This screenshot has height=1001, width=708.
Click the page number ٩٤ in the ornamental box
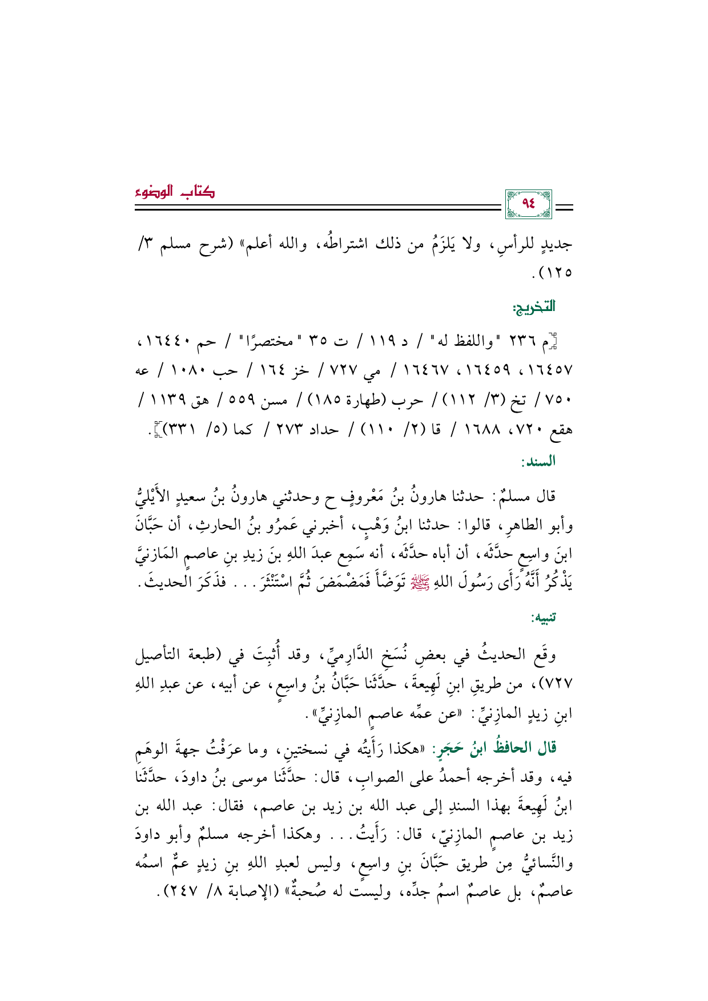pyautogui.click(x=528, y=204)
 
